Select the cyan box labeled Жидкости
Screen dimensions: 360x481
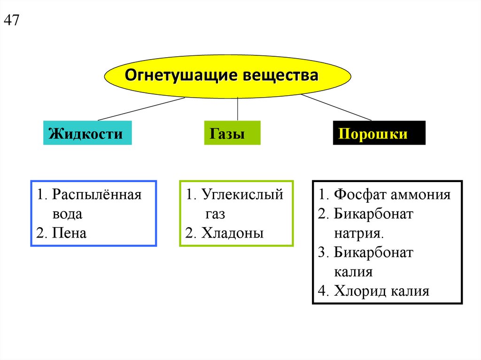87,134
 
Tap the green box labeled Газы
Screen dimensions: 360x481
232,134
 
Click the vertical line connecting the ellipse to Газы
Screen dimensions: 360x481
238,109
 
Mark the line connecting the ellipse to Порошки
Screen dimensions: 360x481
336,107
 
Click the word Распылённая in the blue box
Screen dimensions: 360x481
97,195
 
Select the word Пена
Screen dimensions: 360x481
70,233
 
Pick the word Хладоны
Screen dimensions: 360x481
233,233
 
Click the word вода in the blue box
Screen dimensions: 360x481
67,214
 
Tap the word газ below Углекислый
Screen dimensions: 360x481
215,214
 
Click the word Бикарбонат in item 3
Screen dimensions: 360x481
373,253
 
